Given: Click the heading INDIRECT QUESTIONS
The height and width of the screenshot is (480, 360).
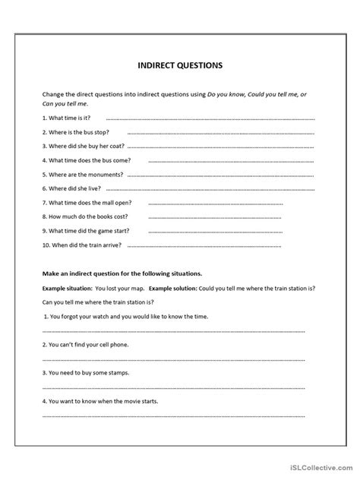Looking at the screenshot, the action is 180,65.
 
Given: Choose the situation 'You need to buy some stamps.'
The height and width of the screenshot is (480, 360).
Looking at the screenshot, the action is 86,373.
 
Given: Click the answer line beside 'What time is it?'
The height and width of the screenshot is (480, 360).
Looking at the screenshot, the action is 209,120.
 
